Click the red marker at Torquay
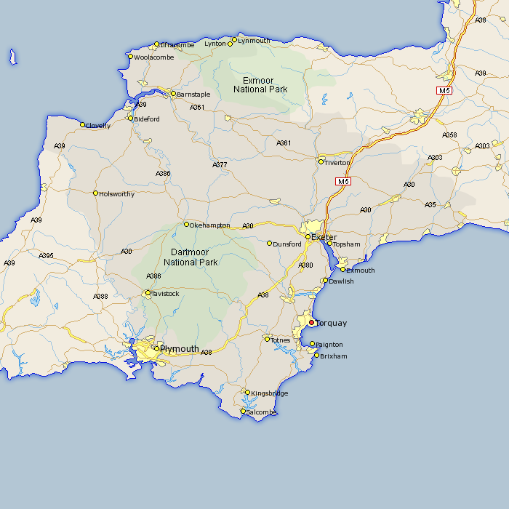pyautogui.click(x=311, y=322)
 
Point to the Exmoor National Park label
pyautogui.click(x=260, y=84)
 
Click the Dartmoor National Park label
pyautogui.click(x=191, y=257)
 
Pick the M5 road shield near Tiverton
pyautogui.click(x=343, y=181)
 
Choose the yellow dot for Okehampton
pyautogui.click(x=186, y=224)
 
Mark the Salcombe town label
pyautogui.click(x=262, y=412)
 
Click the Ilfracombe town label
pyautogui.click(x=177, y=44)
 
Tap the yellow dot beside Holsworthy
pyautogui.click(x=95, y=193)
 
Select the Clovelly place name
pyautogui.click(x=98, y=126)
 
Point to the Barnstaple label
pyautogui.click(x=193, y=95)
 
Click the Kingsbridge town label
pyautogui.click(x=270, y=393)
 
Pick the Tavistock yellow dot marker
pyautogui.click(x=148, y=293)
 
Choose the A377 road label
pyautogui.click(x=220, y=165)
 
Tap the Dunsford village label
pyautogui.click(x=287, y=244)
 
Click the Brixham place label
pyautogui.click(x=333, y=356)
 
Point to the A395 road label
pyautogui.click(x=47, y=255)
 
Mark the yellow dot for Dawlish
pyautogui.click(x=325, y=280)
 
